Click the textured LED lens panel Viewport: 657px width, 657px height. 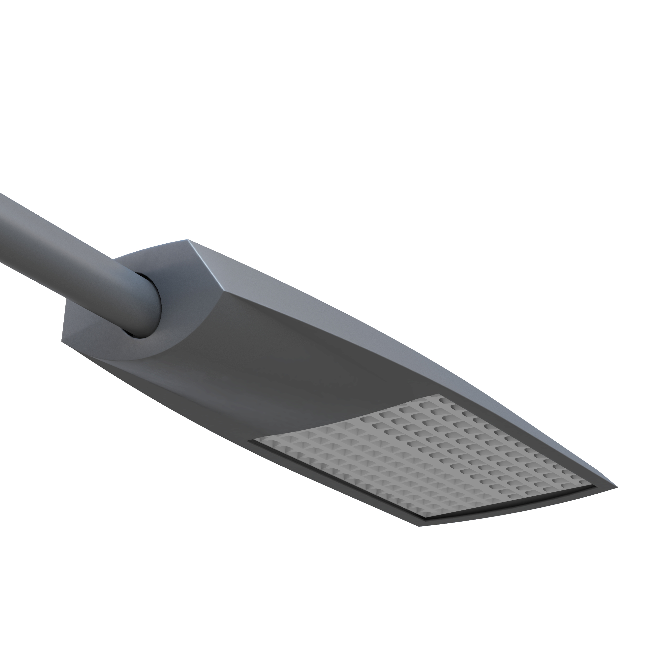click(x=425, y=456)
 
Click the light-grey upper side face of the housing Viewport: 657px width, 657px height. click(x=340, y=306)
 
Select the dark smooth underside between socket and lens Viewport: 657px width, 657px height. click(x=272, y=374)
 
